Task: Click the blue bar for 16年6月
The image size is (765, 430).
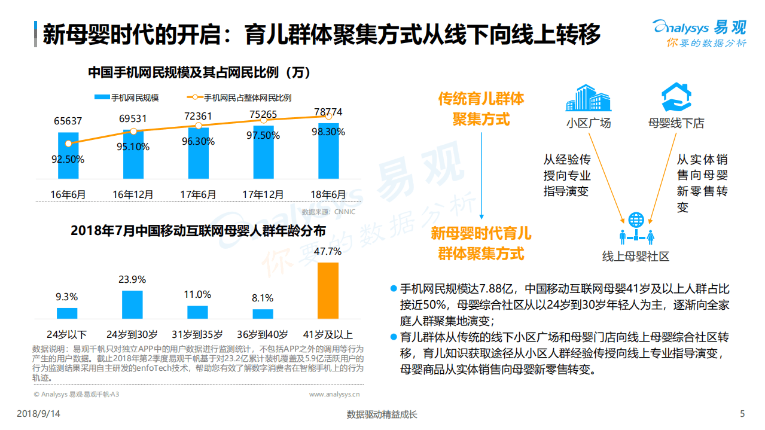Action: click(68, 155)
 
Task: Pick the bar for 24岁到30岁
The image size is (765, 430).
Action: click(132, 305)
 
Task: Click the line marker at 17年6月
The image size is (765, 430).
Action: click(199, 126)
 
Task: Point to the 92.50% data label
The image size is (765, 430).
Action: click(68, 160)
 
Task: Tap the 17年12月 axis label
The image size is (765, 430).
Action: click(263, 194)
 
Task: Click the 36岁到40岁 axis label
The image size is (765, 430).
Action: click(263, 334)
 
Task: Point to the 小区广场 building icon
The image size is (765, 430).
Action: click(588, 98)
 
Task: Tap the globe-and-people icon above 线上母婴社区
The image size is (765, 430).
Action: click(636, 229)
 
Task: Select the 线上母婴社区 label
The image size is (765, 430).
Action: click(635, 257)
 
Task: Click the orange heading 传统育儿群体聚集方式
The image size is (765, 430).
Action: click(481, 108)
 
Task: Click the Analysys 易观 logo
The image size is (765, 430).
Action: click(699, 33)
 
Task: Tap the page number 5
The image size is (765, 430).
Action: click(742, 414)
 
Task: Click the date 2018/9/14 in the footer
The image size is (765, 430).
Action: click(38, 414)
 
